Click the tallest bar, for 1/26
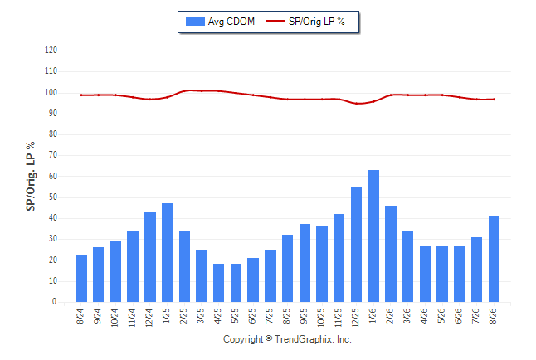coord(373,236)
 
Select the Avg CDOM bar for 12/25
coord(356,244)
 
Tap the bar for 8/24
coord(81,279)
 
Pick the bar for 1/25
coord(167,253)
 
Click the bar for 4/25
coord(218,283)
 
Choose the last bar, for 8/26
coord(494,259)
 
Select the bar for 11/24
coord(133,266)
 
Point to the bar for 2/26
coord(391,254)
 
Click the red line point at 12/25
coord(356,103)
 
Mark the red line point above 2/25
coord(184,90)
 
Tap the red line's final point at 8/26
coord(494,100)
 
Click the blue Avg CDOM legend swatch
coord(195,22)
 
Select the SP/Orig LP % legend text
coord(317,22)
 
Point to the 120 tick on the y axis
coord(51,51)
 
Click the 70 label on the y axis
coord(53,155)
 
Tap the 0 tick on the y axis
coord(55,302)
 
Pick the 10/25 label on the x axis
coord(321,317)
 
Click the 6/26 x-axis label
coord(459,315)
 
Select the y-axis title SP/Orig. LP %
coord(31,176)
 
